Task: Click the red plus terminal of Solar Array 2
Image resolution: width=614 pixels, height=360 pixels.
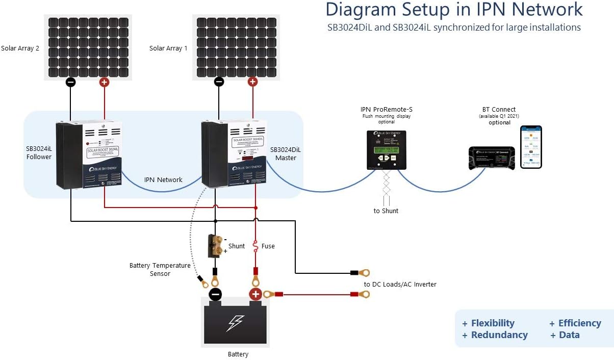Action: (104, 82)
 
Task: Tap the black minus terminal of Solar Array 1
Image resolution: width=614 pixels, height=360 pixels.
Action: (219, 82)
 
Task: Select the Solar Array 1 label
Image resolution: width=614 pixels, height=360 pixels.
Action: (168, 48)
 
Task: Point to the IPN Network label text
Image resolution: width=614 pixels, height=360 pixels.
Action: (163, 179)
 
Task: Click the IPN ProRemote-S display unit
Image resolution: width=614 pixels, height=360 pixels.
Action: (387, 149)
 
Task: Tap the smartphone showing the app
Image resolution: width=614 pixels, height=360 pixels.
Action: (531, 147)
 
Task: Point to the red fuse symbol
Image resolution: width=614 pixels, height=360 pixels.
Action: (255, 246)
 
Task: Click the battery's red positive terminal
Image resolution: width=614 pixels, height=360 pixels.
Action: (255, 294)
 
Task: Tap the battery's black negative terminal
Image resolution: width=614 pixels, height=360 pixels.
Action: (215, 294)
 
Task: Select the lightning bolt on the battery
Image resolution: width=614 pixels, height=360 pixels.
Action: (235, 323)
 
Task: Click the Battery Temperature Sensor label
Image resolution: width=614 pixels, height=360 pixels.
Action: (160, 269)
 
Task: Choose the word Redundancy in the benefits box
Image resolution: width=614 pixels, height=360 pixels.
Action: (499, 335)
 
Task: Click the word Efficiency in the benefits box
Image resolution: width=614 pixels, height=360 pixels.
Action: (579, 323)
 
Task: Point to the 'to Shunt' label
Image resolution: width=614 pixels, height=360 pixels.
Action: (386, 211)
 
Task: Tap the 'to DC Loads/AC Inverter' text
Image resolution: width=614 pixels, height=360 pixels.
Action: (400, 284)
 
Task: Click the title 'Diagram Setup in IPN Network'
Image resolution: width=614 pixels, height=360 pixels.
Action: (453, 10)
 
